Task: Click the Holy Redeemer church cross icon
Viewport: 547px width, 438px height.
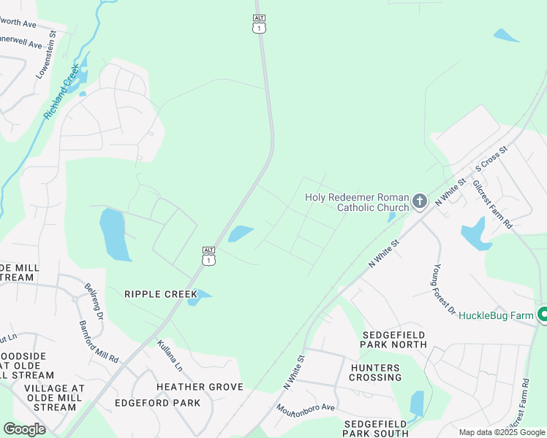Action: pos(420,201)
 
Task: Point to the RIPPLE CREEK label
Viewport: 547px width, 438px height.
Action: pos(161,294)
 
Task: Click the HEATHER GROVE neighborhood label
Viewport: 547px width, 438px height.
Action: pos(194,386)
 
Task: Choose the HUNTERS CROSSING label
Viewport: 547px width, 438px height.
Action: pos(375,372)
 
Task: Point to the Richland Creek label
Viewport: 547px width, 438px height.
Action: pos(61,92)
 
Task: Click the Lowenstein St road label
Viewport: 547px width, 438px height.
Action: pos(47,55)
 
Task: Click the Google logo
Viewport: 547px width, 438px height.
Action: pos(24,429)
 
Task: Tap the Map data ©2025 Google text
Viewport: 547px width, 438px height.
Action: pos(502,432)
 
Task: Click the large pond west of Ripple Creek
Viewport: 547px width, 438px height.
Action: pos(115,234)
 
